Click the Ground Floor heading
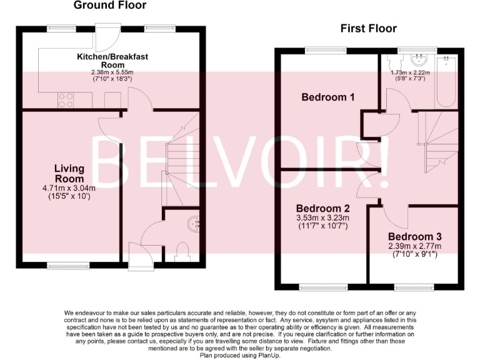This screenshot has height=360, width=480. (110, 6)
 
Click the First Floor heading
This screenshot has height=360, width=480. (368, 28)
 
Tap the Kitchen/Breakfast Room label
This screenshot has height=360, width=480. (112, 61)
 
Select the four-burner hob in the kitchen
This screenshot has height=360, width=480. (66, 100)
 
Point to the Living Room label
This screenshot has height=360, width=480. (69, 173)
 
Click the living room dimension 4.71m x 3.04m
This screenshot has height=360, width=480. (69, 188)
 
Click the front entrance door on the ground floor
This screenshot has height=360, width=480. (137, 256)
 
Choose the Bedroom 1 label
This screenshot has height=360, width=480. (328, 97)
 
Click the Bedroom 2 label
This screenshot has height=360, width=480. (323, 209)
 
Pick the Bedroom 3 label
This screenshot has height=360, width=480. (415, 237)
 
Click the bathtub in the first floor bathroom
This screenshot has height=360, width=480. (446, 81)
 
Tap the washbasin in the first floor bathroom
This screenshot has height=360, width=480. (417, 61)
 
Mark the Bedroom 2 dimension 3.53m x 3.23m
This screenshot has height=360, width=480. (323, 218)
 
